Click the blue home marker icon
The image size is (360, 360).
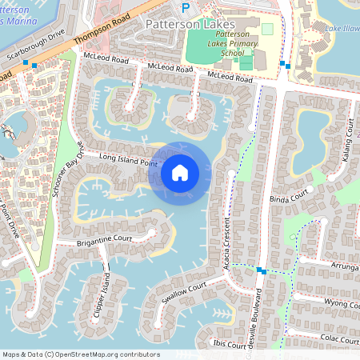pyautogui.click(x=180, y=172)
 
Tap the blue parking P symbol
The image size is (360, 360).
pyautogui.click(x=186, y=8)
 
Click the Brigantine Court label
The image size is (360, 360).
pyautogui.click(x=104, y=238)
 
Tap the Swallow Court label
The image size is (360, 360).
pyautogui.click(x=184, y=290)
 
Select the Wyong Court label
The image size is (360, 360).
pyautogui.click(x=341, y=304)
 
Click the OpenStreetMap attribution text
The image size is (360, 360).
pyautogui.click(x=81, y=354)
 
